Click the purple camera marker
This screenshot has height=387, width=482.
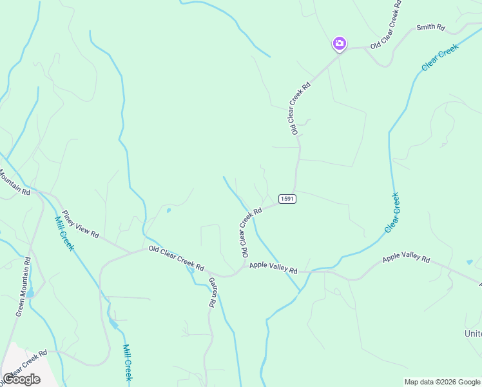click(x=339, y=43)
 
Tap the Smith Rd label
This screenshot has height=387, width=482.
click(x=431, y=28)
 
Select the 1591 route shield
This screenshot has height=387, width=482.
click(x=287, y=199)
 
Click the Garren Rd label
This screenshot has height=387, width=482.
click(x=211, y=292)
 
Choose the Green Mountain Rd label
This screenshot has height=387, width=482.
click(x=22, y=286)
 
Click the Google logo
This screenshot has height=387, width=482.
click(x=21, y=379)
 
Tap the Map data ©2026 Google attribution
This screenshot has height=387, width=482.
click(x=441, y=382)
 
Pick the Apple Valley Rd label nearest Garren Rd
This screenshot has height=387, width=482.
click(x=273, y=266)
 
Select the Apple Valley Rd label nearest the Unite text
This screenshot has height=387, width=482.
click(x=406, y=258)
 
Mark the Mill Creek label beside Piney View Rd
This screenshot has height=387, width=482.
click(x=64, y=232)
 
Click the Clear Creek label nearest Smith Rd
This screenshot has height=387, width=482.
click(x=439, y=57)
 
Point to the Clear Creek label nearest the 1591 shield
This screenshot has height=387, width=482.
click(x=392, y=212)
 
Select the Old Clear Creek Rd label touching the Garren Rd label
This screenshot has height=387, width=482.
click(x=176, y=258)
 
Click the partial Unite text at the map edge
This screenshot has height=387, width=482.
click(x=472, y=333)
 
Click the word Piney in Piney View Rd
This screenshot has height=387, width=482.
click(x=69, y=217)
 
